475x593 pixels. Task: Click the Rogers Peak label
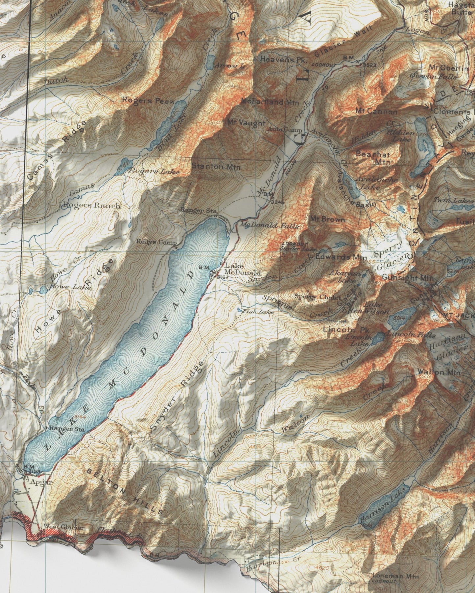[x=148, y=100]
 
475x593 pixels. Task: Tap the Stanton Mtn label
[x=216, y=166]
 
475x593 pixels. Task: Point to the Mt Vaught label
[x=246, y=123]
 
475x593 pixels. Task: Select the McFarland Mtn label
[x=270, y=102]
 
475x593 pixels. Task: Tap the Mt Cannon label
[x=376, y=111]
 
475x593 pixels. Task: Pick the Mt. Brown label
[x=327, y=219]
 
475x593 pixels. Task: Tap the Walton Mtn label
[x=439, y=372]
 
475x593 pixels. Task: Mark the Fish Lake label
[x=258, y=311]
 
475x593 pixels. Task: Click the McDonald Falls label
[x=269, y=226]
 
